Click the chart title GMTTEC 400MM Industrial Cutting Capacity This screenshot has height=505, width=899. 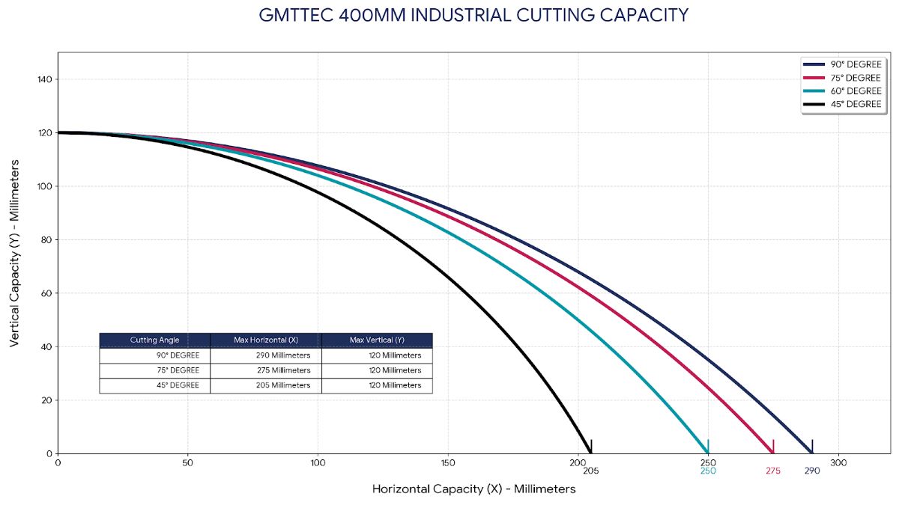tap(473, 16)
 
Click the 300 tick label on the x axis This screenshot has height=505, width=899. tap(838, 462)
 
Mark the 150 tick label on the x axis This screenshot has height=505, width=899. tap(448, 462)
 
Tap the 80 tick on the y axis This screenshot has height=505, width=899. tap(46, 240)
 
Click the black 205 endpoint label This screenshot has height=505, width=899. tap(590, 471)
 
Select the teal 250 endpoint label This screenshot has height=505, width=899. tap(708, 471)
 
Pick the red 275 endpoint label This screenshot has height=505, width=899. tap(773, 471)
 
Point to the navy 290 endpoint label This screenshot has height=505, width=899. tap(812, 471)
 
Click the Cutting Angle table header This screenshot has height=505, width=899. tap(154, 340)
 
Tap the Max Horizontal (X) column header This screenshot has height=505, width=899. tap(266, 340)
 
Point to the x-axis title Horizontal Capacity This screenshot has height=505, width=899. tap(473, 489)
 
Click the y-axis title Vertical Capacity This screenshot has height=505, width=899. tap(15, 253)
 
